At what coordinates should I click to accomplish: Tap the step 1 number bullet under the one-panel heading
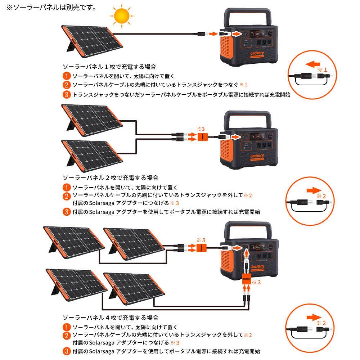pos(67,76)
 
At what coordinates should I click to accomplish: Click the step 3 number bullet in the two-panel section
pos(67,212)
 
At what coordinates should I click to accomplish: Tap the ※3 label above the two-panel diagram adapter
pos(201,128)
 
